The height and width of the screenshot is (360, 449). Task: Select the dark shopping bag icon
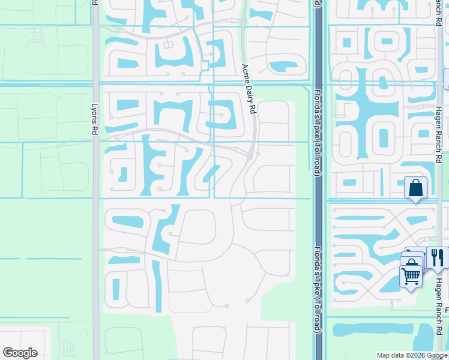click(x=415, y=188)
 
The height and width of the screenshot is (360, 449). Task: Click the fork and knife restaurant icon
click(x=437, y=257)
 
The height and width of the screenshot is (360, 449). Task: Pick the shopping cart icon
click(x=411, y=276)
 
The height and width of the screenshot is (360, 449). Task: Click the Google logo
click(x=20, y=353)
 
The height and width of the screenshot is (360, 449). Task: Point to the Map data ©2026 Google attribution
click(x=412, y=355)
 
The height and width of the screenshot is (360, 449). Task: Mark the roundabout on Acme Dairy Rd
click(x=250, y=156)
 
